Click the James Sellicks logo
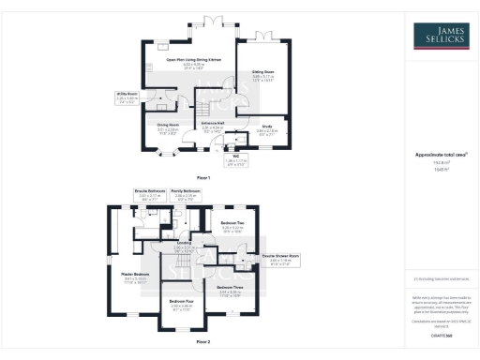tap(440, 37)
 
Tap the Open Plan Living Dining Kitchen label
tap(194, 62)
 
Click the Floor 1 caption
tap(203, 177)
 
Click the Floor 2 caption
tap(203, 343)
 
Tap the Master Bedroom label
tap(137, 277)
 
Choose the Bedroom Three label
tap(230, 290)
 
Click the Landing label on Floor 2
tap(185, 247)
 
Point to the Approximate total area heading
tap(440, 156)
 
